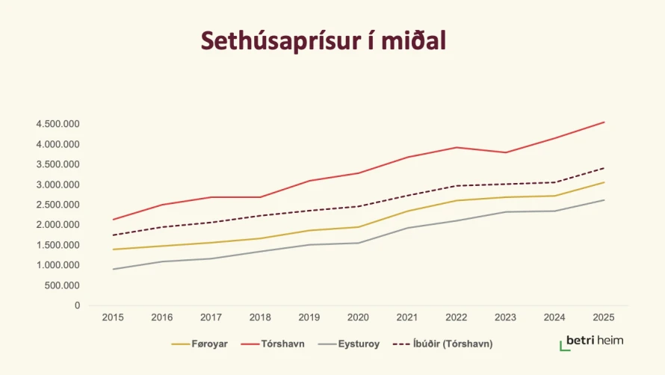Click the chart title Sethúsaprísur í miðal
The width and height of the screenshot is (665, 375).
pos(322,41)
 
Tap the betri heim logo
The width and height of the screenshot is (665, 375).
pos(591,342)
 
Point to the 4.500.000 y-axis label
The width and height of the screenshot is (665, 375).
pos(57,124)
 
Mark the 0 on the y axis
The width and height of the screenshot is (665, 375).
pos(77,306)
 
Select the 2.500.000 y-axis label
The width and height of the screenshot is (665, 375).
pos(57,205)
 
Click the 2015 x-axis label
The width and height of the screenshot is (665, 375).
pos(113,317)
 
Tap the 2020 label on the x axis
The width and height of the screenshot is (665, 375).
pos(359,317)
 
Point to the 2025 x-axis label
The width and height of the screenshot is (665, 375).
pos(604,317)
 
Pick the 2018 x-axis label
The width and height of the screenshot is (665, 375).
pos(260,317)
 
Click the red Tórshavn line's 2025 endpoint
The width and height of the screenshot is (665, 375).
pos(604,122)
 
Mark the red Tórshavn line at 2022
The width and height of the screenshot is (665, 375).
pos(457,147)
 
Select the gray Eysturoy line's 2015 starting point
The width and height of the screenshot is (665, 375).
pos(113,269)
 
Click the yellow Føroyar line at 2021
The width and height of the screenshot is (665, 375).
pos(407,211)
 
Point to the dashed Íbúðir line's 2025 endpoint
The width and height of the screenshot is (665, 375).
pos(604,168)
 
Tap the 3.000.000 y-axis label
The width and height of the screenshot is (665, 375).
pos(57,185)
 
